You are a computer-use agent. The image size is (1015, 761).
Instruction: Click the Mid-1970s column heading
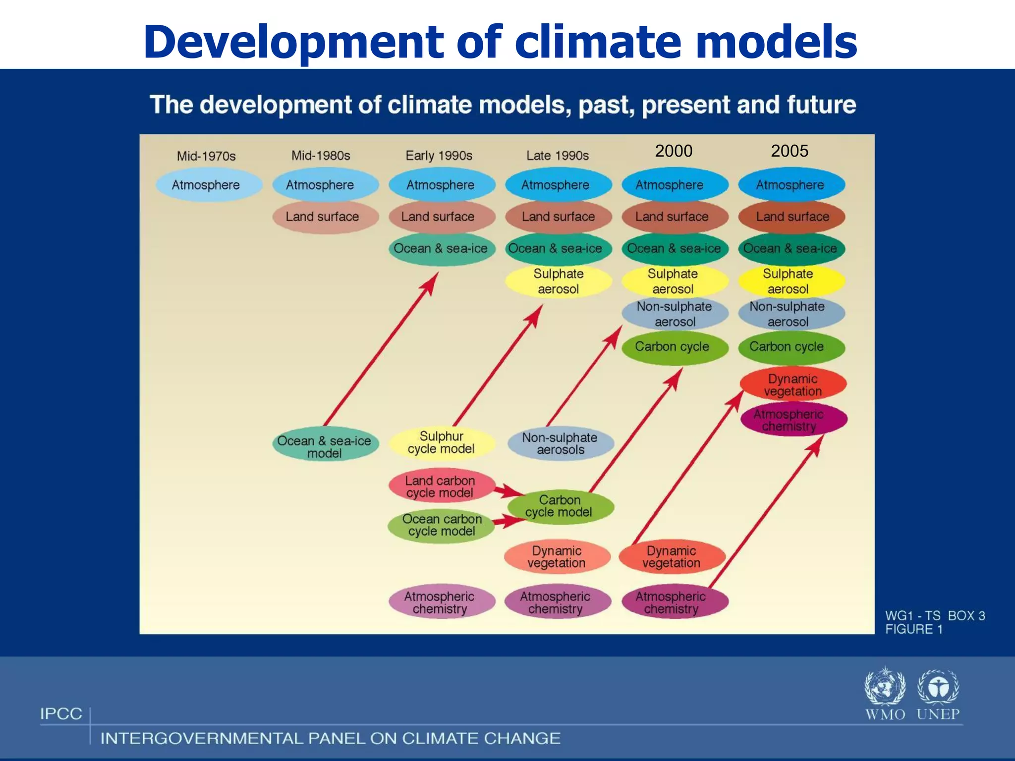206,156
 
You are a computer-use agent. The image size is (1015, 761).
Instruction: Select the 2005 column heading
789,151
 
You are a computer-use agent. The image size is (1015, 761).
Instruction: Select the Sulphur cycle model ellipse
442,442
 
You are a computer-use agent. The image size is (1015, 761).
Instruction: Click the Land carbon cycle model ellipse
441,486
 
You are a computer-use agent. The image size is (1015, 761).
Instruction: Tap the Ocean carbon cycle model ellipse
441,525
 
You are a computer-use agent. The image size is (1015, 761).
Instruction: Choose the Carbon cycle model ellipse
560,506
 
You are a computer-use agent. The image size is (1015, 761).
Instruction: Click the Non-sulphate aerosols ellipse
560,443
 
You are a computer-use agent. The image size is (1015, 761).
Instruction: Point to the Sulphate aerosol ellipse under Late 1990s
558,281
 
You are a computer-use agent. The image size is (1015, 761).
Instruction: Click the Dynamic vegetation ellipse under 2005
793,384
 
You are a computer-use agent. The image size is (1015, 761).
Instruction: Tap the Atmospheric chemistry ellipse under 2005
793,420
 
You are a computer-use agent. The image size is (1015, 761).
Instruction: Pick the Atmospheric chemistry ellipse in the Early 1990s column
441,602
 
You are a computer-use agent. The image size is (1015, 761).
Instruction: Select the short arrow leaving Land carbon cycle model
508,491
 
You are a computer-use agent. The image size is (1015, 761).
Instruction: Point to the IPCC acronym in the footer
61,714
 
